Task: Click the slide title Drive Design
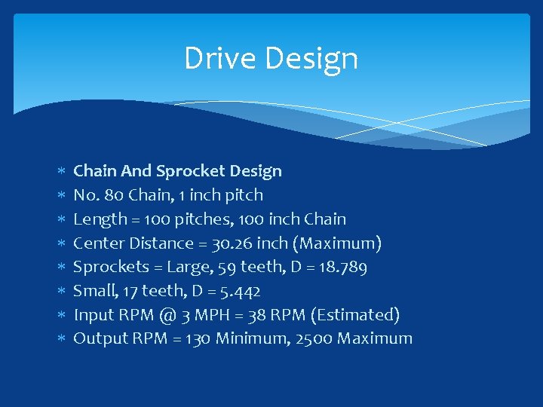[x=271, y=59]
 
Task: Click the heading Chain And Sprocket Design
[x=177, y=171]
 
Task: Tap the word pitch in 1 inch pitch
[x=246, y=195]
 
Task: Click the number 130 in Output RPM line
[x=198, y=338]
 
